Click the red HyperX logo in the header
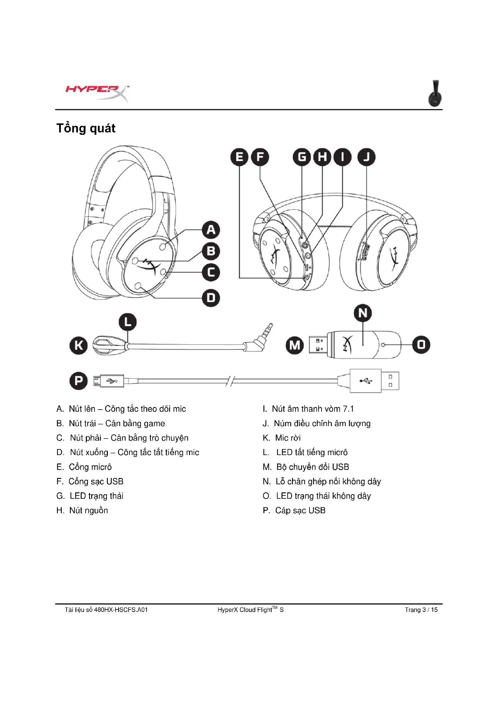(x=97, y=93)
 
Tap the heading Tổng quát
(x=86, y=128)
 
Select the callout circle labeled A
(x=211, y=230)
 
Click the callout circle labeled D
(x=211, y=298)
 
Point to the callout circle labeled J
(x=366, y=157)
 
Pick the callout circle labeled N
(x=363, y=313)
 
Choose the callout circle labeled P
(x=79, y=381)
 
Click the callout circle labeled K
(x=79, y=345)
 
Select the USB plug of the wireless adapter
(x=318, y=345)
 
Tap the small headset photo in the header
(x=435, y=94)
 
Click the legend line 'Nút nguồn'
(x=88, y=510)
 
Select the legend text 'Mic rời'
(x=288, y=438)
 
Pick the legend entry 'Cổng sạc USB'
(x=96, y=481)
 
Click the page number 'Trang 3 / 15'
(x=421, y=609)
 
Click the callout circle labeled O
(x=421, y=345)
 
